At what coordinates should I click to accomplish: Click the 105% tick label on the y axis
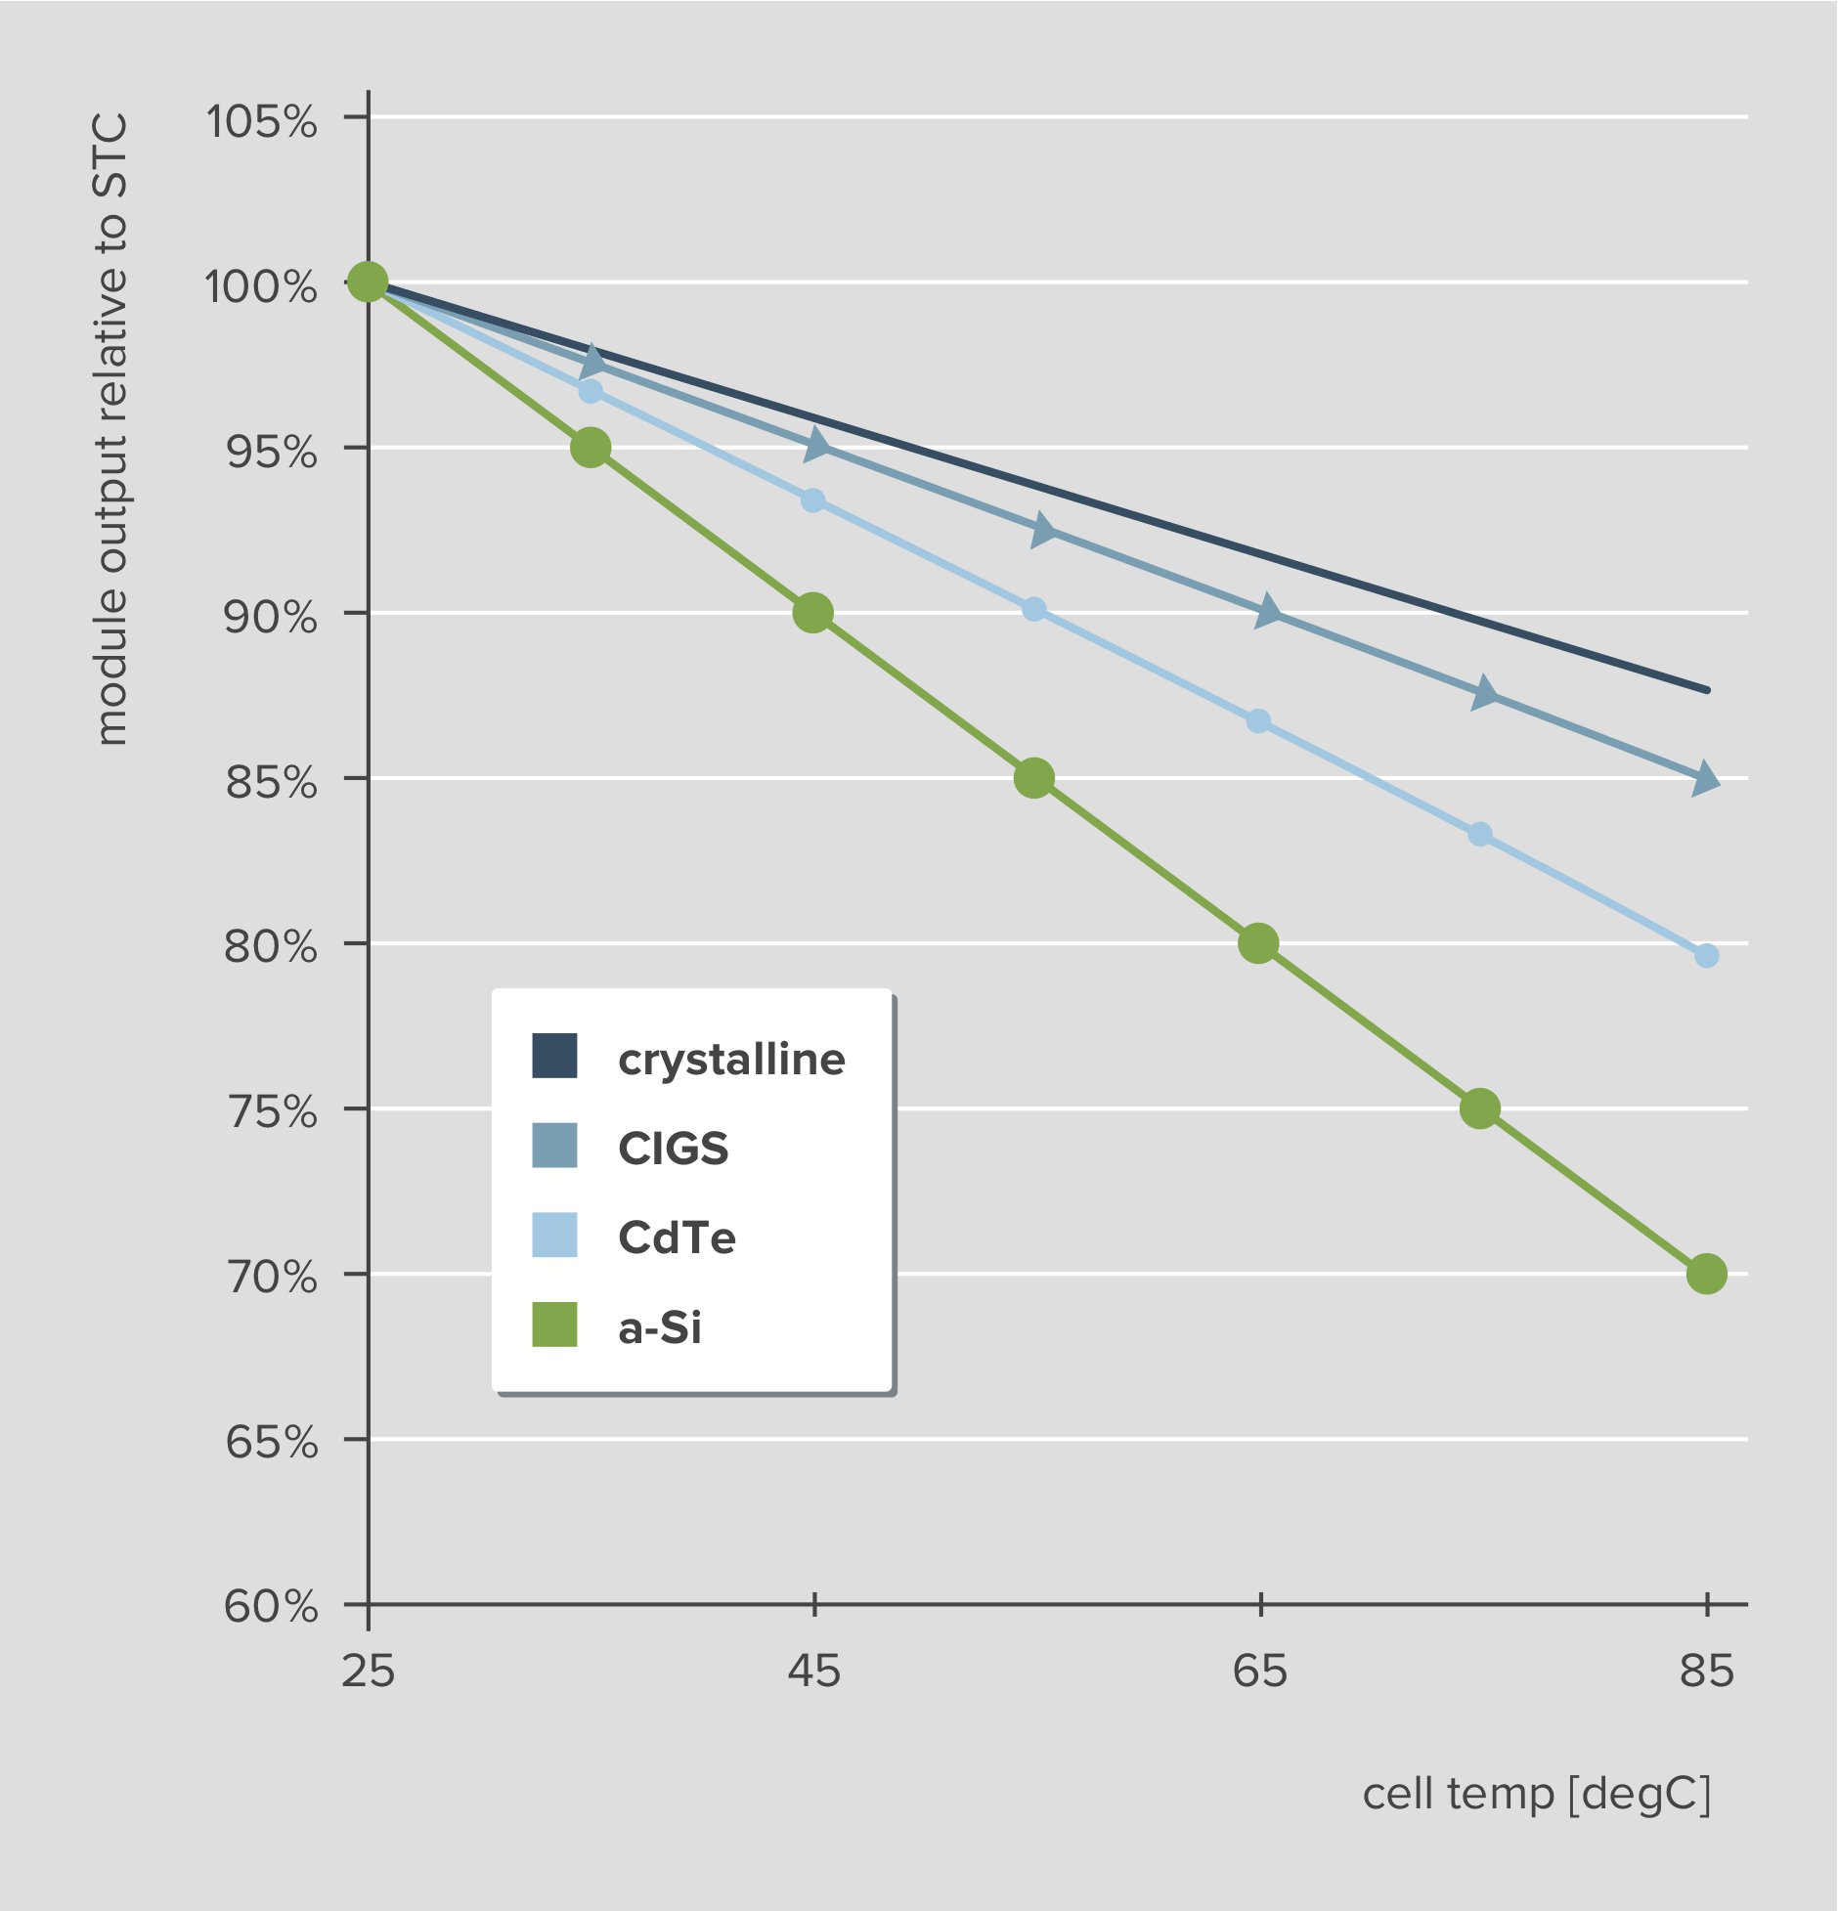[261, 122]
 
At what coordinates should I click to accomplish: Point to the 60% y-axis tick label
[271, 1607]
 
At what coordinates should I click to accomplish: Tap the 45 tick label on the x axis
[813, 1671]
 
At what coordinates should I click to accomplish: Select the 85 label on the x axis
[1707, 1671]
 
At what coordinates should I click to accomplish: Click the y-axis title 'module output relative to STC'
[112, 430]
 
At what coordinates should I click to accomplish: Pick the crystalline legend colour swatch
[554, 1056]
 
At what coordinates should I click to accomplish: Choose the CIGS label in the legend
[673, 1148]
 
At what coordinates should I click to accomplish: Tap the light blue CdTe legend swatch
[554, 1235]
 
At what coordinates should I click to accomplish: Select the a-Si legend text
[660, 1327]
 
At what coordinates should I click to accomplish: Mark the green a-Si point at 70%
[1707, 1274]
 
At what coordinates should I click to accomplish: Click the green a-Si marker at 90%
[813, 613]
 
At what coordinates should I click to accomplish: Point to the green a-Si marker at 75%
[1480, 1108]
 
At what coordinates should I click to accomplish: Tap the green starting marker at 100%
[368, 282]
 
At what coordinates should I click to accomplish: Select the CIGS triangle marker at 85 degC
[1705, 778]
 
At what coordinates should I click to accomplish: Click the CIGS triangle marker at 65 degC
[1267, 612]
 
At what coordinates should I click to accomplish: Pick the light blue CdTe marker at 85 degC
[1707, 955]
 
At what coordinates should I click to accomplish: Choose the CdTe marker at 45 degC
[813, 500]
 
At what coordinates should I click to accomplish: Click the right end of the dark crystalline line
[1706, 690]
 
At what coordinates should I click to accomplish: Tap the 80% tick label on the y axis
[271, 946]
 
